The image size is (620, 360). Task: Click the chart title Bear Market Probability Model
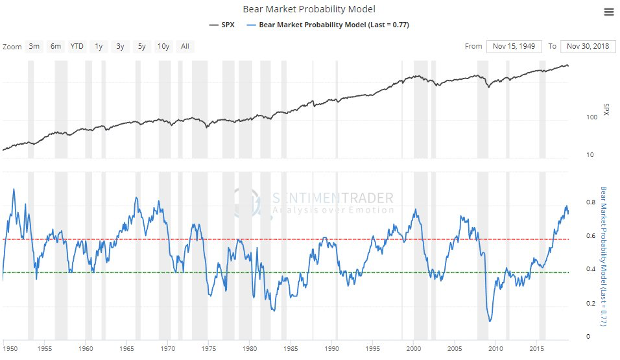[x=309, y=9]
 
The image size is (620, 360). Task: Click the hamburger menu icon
[x=608, y=12]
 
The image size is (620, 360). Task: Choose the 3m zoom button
[x=34, y=46]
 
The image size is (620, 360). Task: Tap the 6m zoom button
[x=56, y=46]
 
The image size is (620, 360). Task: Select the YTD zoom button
[x=77, y=46]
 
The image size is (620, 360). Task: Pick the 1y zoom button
[x=99, y=46]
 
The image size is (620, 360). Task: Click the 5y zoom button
[x=141, y=46]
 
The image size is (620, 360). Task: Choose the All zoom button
[x=185, y=46]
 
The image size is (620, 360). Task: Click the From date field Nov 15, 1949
[x=513, y=46]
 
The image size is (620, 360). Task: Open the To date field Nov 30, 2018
[x=588, y=46]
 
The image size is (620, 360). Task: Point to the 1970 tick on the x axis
[x=168, y=348]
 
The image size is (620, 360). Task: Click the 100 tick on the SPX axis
[x=591, y=117]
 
